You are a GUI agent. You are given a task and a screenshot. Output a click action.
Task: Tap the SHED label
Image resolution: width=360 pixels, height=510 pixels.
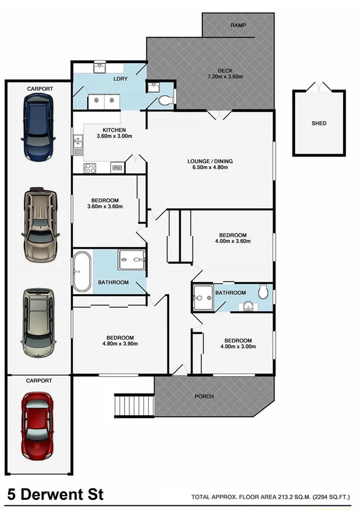[x=318, y=123]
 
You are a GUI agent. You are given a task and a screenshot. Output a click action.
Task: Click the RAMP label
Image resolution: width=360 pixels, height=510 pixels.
[x=239, y=25]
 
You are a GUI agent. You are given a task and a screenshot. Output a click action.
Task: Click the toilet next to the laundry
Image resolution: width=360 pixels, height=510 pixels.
[x=165, y=99]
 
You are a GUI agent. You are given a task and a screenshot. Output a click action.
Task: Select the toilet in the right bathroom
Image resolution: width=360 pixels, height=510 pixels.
[x=263, y=292]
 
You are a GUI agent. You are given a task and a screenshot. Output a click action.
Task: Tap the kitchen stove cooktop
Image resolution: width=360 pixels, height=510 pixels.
[x=90, y=168]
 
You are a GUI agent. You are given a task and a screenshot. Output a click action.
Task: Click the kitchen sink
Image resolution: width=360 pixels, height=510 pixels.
[x=78, y=143]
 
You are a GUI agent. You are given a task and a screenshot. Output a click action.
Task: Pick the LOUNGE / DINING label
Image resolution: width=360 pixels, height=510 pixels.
[x=209, y=161]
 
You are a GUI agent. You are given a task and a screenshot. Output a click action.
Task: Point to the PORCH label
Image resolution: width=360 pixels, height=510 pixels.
[x=203, y=396]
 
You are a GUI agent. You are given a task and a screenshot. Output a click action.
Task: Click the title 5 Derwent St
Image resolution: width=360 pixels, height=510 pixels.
[x=55, y=495]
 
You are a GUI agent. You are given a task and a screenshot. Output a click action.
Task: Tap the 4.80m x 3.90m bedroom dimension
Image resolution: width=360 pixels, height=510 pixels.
[x=120, y=344]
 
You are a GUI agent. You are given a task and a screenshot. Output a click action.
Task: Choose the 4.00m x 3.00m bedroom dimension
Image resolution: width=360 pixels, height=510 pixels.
[x=236, y=347]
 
